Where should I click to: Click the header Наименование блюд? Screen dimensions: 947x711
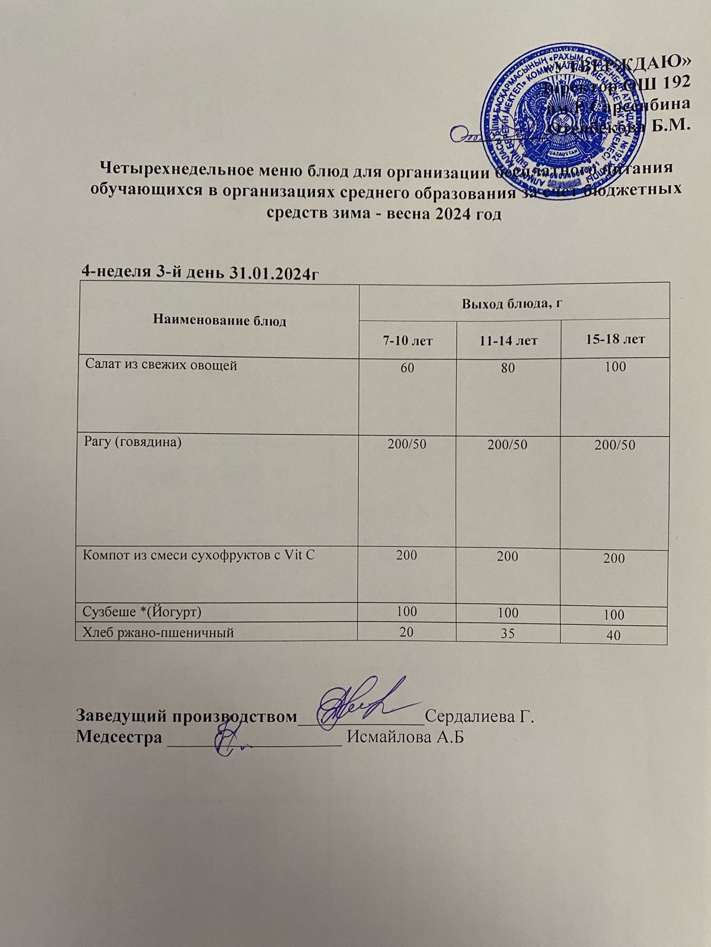pyautogui.click(x=219, y=321)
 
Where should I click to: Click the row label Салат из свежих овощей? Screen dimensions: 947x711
pyautogui.click(x=161, y=366)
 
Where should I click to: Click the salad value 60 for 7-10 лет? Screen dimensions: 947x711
pyautogui.click(x=407, y=368)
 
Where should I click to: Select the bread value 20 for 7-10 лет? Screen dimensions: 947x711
pyautogui.click(x=406, y=632)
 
